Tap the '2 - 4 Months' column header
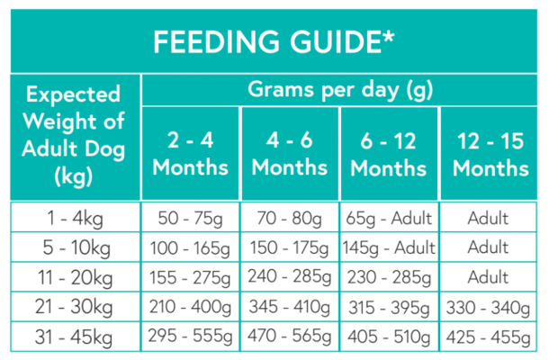click(190, 154)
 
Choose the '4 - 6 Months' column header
click(290, 154)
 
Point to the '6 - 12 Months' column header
click(389, 154)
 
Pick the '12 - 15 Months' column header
click(490, 154)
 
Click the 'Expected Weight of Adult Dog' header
click(74, 135)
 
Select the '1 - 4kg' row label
click(74, 218)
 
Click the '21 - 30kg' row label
click(74, 308)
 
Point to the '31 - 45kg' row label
click(74, 337)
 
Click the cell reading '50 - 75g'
click(190, 218)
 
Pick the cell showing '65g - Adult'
click(389, 218)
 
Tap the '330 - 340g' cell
click(490, 308)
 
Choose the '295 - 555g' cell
click(190, 337)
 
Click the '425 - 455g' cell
click(490, 337)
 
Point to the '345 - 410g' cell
click(290, 308)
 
